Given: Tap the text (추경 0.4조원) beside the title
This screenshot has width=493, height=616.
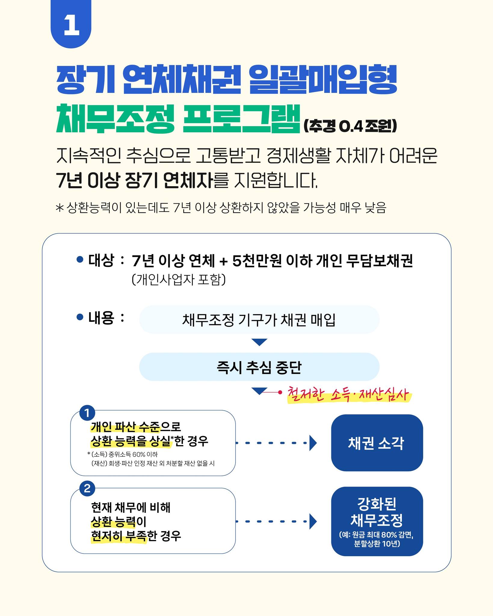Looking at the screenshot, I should tap(350, 126).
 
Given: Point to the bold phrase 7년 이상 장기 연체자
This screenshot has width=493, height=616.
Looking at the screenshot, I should tap(134, 180).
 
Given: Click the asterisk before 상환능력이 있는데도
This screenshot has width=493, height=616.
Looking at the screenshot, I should tap(60, 208).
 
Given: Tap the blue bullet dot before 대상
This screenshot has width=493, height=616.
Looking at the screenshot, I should tap(80, 259).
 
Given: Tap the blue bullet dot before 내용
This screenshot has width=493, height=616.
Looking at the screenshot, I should tap(80, 317).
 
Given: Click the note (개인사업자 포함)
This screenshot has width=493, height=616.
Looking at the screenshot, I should tap(179, 280).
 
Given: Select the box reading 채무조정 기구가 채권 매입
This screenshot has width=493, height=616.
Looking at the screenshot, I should tap(259, 320).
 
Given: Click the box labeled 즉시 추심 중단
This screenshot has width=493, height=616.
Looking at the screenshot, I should tap(259, 367).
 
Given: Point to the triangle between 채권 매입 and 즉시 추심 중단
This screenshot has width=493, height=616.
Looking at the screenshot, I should tap(259, 342).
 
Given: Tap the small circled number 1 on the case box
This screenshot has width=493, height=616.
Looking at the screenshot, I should tap(87, 413).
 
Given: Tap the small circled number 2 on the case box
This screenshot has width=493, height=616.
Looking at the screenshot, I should tap(87, 488).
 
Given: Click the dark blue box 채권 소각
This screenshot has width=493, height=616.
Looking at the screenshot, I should tap(377, 443).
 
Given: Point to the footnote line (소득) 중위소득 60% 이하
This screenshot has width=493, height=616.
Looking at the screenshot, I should tap(125, 454).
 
